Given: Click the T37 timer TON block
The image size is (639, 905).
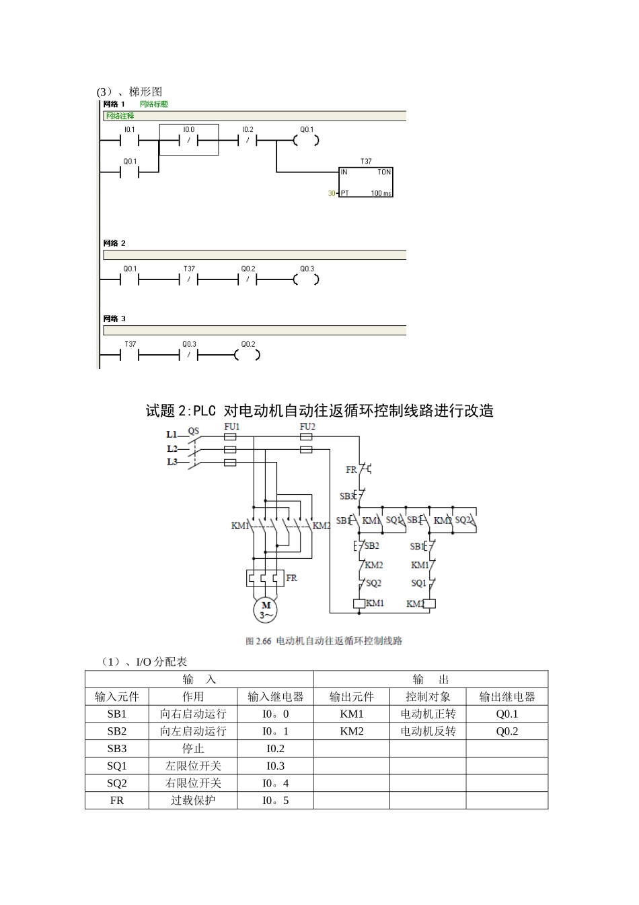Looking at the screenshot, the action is [366, 182].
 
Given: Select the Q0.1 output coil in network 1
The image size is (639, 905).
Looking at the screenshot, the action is [306, 141].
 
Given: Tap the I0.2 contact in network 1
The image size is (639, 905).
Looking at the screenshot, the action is [248, 141].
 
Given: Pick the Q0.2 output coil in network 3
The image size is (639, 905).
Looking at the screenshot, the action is [248, 356].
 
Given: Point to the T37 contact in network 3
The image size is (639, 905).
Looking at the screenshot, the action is [130, 356].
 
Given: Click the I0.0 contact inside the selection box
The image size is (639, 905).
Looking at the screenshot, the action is [189, 141].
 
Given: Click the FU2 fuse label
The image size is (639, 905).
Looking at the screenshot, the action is [307, 427].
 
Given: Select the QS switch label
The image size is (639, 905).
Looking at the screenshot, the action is [193, 431].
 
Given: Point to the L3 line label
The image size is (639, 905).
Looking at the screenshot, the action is [172, 462].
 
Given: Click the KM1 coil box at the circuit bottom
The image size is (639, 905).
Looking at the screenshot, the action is [359, 603].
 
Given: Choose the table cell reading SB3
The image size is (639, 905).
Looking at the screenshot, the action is [117, 748].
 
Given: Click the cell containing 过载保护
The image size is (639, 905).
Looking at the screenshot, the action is [193, 801].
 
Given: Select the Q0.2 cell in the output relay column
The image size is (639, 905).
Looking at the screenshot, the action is [506, 731].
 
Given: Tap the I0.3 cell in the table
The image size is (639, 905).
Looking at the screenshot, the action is [276, 766].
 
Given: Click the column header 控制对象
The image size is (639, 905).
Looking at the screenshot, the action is [428, 697].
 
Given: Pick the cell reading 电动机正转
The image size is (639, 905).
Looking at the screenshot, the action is [428, 714].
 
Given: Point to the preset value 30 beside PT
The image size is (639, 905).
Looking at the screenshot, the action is [332, 193].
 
